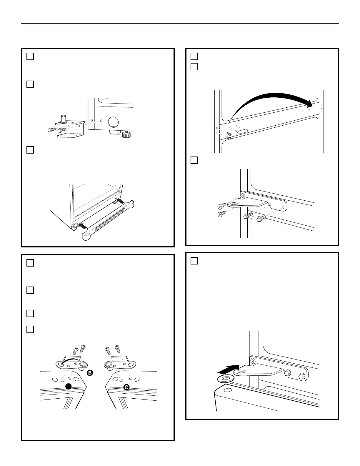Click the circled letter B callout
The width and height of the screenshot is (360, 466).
pyautogui.click(x=90, y=373)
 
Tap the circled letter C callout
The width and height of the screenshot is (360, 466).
pyautogui.click(x=126, y=387)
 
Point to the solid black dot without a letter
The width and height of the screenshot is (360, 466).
pyautogui.click(x=69, y=387)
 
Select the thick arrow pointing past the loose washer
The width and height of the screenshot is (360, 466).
pyautogui.click(x=228, y=369)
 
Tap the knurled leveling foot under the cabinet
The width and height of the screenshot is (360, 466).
pyautogui.click(x=125, y=135)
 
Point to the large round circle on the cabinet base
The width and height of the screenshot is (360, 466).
pyautogui.click(x=113, y=122)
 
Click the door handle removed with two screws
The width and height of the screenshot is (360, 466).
pyautogui.click(x=242, y=131)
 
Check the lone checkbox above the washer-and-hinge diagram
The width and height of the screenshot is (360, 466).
pyautogui.click(x=194, y=261)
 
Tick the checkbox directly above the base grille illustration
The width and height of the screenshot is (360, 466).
pyautogui.click(x=30, y=150)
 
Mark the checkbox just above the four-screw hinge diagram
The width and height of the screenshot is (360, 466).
pyautogui.click(x=194, y=160)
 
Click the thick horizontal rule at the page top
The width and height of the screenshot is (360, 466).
pyautogui.click(x=180, y=23)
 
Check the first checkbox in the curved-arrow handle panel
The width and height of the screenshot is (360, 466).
pyautogui.click(x=194, y=56)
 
